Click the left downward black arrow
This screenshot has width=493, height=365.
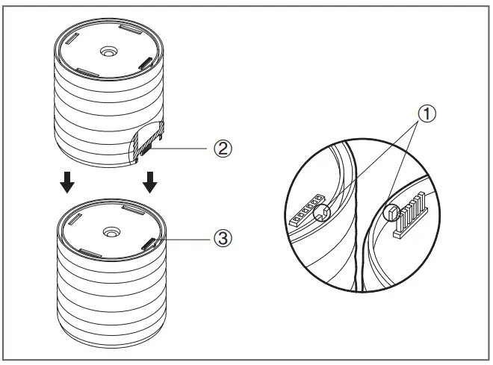[x=66, y=181]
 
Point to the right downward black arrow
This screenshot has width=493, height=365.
[x=150, y=181]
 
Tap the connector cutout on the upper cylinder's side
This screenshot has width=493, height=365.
[x=149, y=143]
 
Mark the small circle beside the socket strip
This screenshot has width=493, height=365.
[x=323, y=213]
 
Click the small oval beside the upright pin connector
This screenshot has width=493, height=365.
[x=388, y=214]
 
